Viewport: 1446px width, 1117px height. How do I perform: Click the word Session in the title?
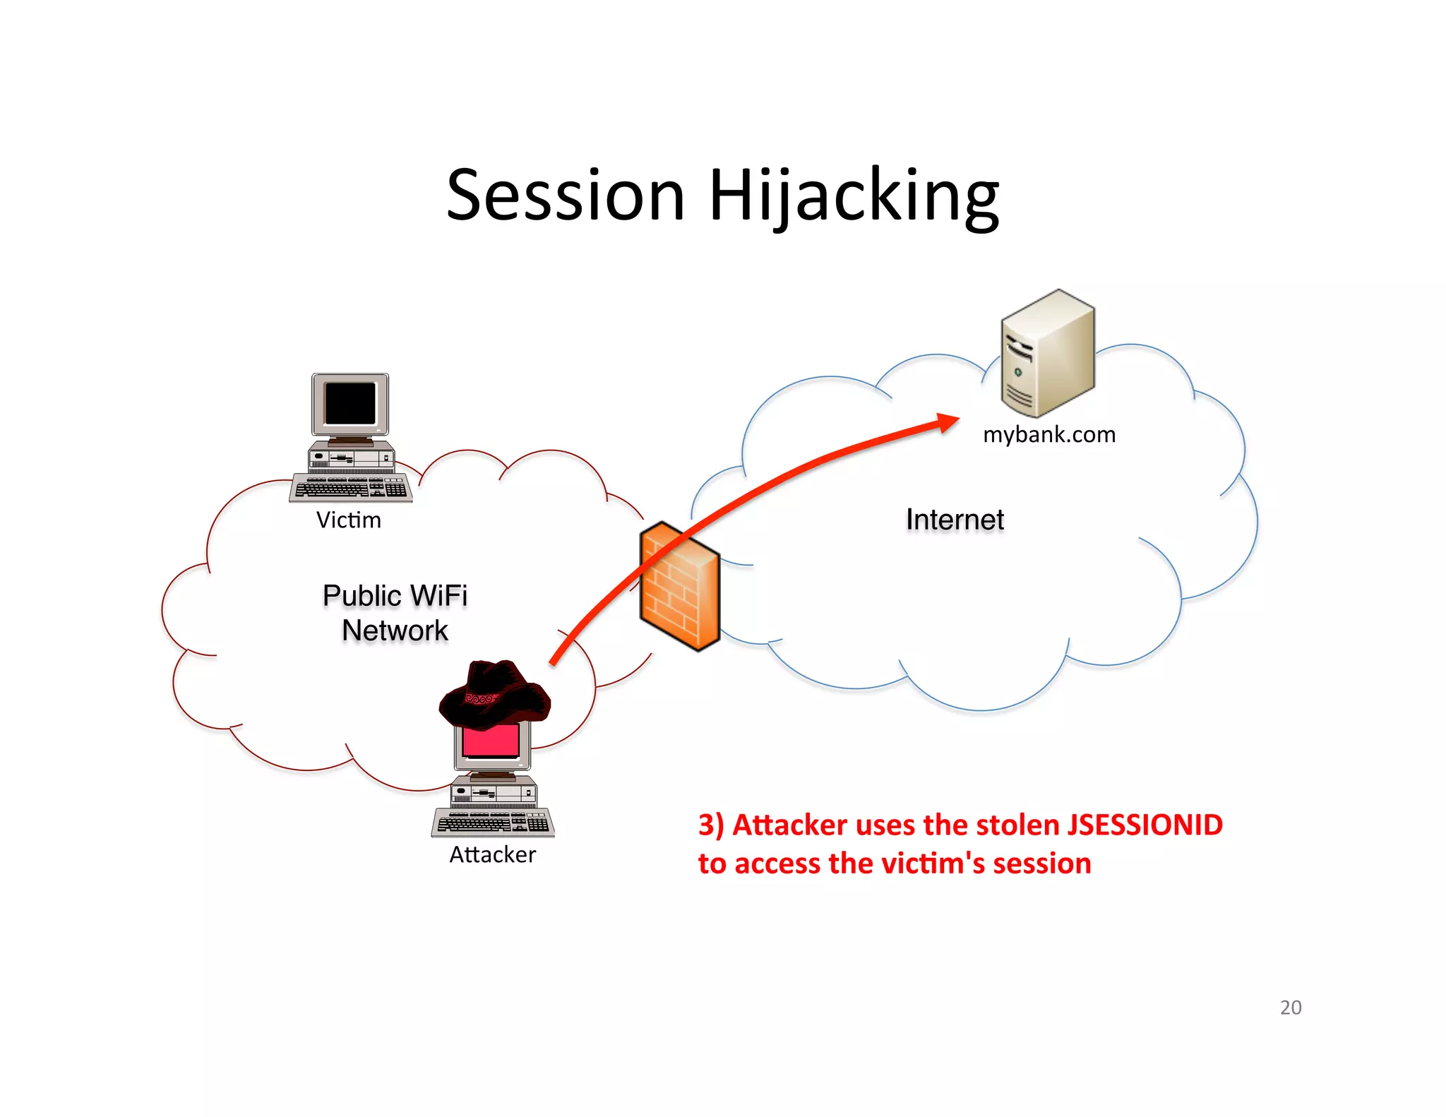point(566,196)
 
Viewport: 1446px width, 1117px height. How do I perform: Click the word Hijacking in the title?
point(854,196)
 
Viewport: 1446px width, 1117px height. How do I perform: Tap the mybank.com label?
point(1049,434)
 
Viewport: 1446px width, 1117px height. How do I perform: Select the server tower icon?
point(1048,353)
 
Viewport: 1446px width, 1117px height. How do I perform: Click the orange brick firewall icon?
point(679,586)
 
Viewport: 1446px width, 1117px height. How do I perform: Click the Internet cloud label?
point(955,520)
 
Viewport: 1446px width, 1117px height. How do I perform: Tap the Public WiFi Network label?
point(395,613)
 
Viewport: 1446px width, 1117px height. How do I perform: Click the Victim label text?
point(348,520)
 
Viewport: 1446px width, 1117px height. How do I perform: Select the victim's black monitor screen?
point(350,402)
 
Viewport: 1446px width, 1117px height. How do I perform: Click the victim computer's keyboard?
point(351,488)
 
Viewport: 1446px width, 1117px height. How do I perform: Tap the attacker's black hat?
point(494,692)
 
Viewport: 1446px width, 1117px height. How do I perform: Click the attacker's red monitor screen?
point(491,741)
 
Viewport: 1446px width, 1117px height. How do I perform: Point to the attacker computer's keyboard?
point(493,823)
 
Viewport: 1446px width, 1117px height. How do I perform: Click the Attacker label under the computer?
point(493,855)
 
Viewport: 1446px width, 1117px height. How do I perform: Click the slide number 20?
point(1290,1008)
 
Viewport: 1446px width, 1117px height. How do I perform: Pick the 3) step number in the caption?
point(710,825)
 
